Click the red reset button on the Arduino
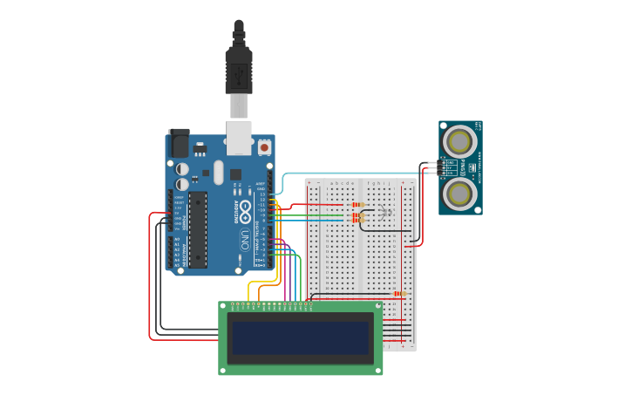click(264, 147)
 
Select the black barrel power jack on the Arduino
click(179, 143)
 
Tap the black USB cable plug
click(239, 70)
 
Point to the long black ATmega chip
click(198, 228)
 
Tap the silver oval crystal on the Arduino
click(218, 172)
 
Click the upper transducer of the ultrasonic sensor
click(459, 140)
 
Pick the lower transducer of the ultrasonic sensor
click(459, 192)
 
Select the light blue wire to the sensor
click(349, 174)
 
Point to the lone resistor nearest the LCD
click(400, 294)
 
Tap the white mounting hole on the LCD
click(223, 307)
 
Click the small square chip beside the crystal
click(235, 174)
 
